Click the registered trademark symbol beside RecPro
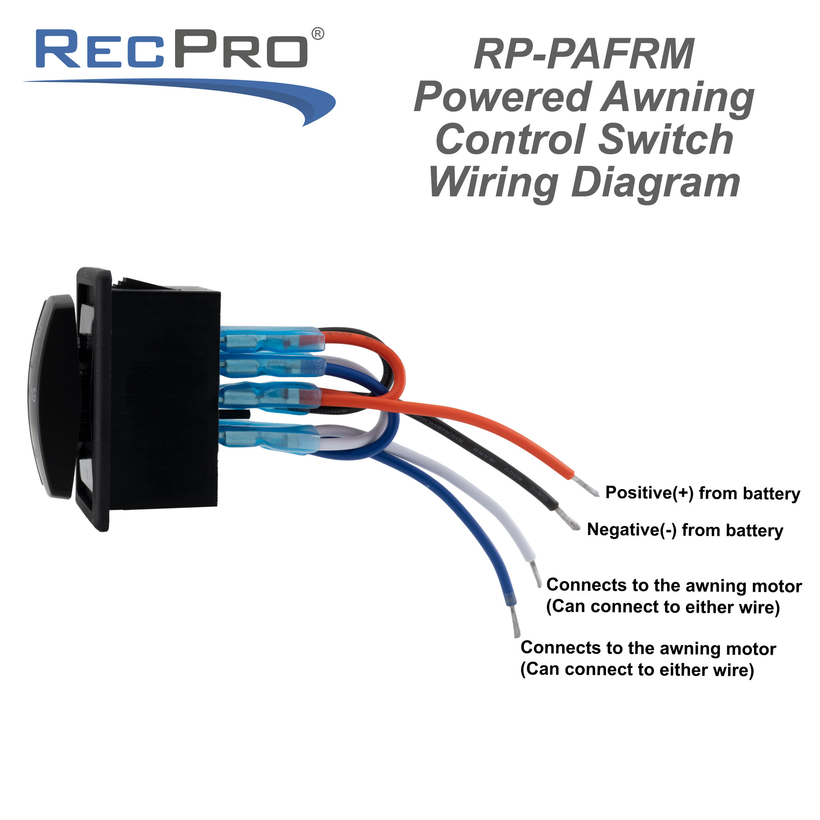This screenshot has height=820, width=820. pos(318,34)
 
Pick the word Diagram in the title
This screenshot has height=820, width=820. pos(656,183)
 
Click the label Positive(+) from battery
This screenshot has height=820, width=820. pos(702,493)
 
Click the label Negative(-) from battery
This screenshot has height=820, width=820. pos(685,530)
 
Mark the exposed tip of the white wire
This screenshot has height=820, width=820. pos(536,574)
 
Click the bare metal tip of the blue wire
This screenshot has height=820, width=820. pos(515,622)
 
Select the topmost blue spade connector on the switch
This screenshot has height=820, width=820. pos(272,339)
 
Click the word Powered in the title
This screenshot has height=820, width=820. pos(503,98)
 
